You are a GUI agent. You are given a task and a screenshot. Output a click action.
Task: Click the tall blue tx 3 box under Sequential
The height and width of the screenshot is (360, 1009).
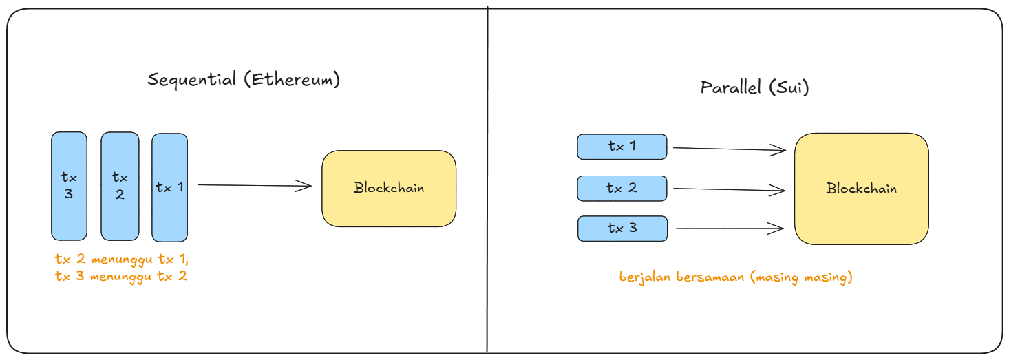[69, 186]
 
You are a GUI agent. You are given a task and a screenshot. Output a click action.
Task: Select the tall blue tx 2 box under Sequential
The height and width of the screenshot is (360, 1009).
[120, 186]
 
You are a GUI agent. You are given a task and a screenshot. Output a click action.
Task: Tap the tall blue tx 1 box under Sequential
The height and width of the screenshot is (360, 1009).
[170, 187]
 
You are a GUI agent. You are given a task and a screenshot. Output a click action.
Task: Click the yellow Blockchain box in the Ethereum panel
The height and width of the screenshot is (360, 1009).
[389, 188]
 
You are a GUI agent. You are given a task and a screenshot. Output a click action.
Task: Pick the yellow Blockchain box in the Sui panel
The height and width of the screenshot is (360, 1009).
[861, 189]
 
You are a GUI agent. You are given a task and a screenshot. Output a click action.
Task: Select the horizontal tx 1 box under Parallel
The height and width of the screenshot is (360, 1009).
[622, 147]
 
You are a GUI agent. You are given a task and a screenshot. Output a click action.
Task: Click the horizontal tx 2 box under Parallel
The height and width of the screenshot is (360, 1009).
[622, 188]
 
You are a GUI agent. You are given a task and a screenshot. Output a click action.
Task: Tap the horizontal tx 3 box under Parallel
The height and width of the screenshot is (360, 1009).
[622, 229]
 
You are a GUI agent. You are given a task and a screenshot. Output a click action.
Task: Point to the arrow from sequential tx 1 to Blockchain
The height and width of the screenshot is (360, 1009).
[255, 185]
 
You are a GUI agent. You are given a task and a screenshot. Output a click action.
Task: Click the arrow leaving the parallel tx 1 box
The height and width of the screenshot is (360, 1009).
[730, 148]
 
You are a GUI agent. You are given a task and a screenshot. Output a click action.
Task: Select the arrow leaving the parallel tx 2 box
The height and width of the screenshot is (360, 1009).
[730, 189]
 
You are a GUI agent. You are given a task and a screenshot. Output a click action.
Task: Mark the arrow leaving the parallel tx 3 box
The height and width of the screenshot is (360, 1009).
[730, 229]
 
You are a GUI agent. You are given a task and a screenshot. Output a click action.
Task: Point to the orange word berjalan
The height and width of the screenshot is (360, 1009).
[644, 277]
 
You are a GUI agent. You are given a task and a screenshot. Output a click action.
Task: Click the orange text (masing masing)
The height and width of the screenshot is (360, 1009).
[801, 277]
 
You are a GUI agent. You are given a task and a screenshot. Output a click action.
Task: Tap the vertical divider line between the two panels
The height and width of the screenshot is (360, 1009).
[487, 179]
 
